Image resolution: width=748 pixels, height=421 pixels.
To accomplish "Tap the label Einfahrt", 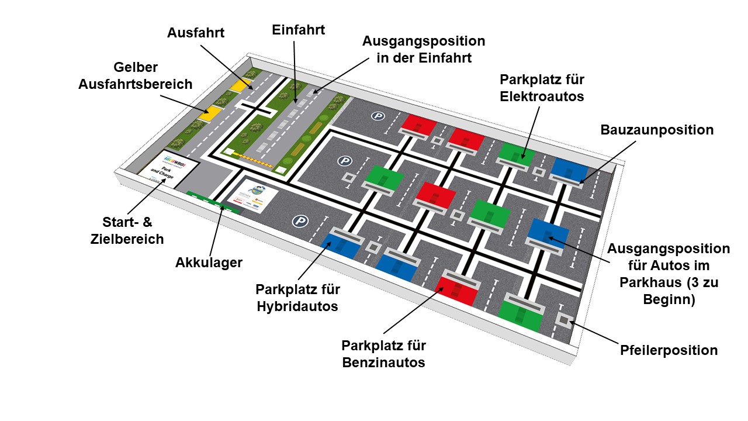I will (x=298, y=30).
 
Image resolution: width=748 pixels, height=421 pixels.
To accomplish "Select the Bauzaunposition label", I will (x=657, y=130).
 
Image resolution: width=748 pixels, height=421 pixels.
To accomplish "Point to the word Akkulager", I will (x=209, y=263).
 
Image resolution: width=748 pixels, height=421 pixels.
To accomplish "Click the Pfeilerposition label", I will (x=669, y=350).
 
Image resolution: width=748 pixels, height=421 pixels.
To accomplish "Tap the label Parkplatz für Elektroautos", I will (x=542, y=88).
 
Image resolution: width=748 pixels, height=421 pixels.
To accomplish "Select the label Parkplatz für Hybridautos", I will (x=297, y=298).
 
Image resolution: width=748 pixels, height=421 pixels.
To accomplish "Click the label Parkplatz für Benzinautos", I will (x=383, y=353).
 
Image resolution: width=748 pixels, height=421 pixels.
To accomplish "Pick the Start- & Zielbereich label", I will (x=133, y=230).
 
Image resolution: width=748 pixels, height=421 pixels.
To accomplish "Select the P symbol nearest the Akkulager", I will (x=301, y=221).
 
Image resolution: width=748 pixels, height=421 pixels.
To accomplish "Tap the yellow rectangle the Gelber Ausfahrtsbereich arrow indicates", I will (x=209, y=113).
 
